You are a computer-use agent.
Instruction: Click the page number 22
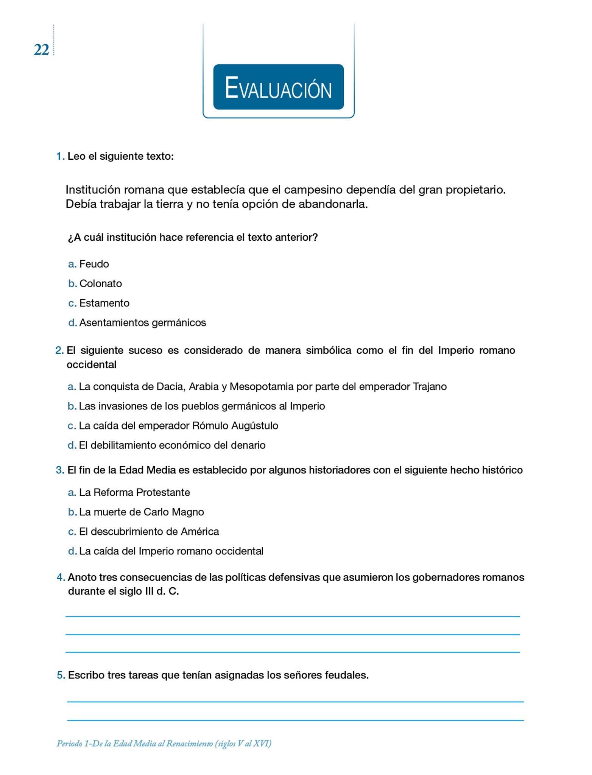[41, 50]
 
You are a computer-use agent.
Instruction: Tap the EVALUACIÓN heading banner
[278, 87]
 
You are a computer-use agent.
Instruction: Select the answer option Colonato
[100, 283]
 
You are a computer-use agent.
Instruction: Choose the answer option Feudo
[94, 264]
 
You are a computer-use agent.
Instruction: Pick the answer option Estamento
[104, 303]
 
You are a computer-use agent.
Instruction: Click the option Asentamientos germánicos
[142, 323]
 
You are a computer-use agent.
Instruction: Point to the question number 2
[59, 350]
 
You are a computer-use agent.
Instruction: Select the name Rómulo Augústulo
[235, 426]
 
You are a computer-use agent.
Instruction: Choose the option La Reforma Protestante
[134, 492]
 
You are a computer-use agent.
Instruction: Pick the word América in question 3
[199, 532]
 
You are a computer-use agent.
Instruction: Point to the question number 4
[61, 577]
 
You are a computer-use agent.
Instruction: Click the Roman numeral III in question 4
[149, 591]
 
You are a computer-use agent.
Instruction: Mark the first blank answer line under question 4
[292, 616]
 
